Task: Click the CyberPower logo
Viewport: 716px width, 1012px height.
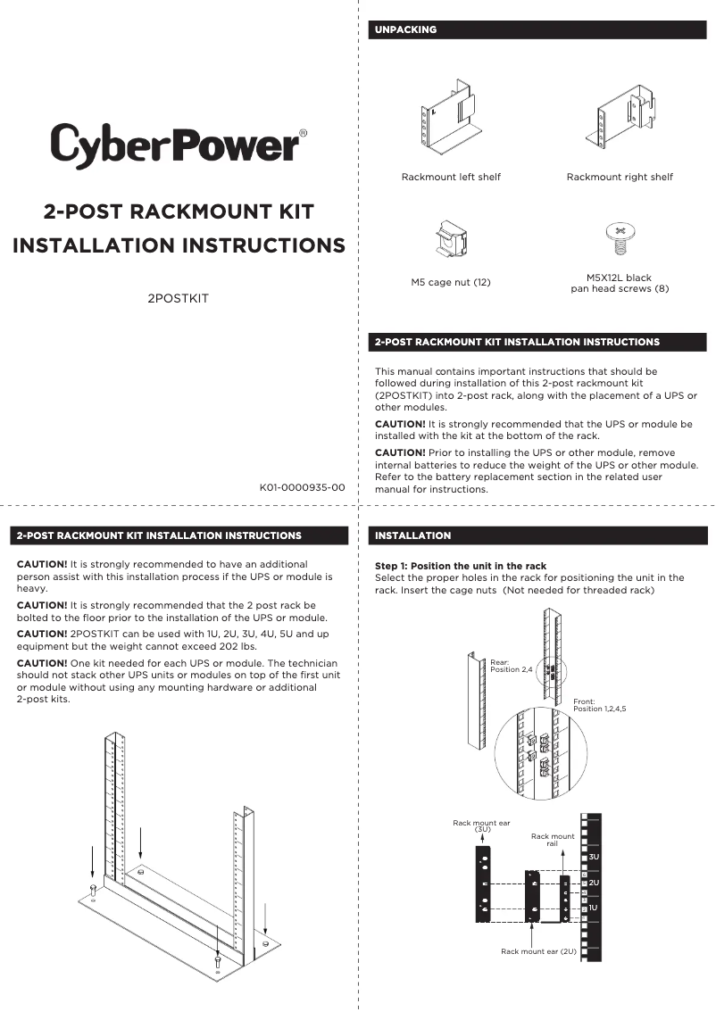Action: (x=179, y=144)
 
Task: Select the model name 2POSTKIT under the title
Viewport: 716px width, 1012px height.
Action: (x=178, y=298)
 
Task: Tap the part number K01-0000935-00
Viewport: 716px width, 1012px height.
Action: (x=302, y=488)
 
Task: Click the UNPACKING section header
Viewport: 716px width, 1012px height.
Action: (x=406, y=29)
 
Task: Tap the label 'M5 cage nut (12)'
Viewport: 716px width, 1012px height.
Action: (x=451, y=283)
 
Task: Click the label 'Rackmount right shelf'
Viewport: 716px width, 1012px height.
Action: (x=620, y=177)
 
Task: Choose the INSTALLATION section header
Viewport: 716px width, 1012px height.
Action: (x=413, y=535)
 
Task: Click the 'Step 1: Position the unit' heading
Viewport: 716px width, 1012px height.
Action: (x=461, y=566)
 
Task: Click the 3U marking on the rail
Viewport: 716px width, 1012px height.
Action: (x=594, y=857)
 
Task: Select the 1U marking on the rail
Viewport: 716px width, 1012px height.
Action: (x=594, y=908)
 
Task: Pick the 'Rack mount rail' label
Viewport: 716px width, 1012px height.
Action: (x=553, y=840)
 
